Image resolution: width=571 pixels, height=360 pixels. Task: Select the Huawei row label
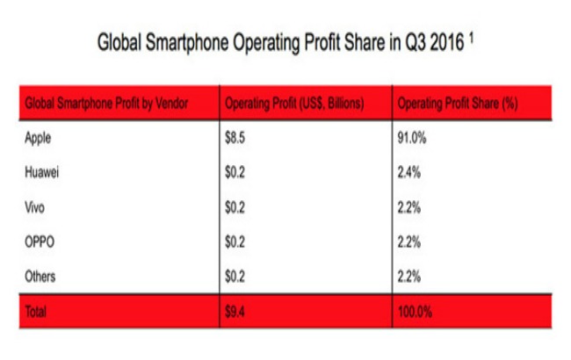[x=45, y=172]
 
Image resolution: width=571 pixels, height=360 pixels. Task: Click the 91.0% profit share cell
[x=414, y=138]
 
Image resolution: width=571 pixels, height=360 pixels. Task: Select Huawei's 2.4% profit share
[x=411, y=172]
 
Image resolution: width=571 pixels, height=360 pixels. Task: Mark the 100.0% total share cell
[x=416, y=310]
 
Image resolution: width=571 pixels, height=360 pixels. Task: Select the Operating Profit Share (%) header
[x=457, y=104]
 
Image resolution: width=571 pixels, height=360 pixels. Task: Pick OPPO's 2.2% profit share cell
[x=411, y=241]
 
